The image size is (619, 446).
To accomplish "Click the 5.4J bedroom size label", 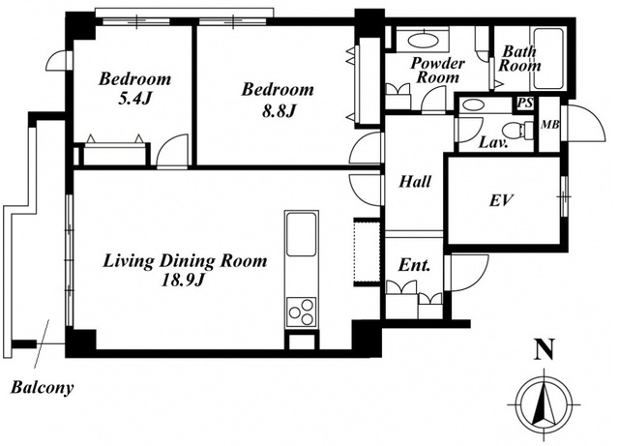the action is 134,99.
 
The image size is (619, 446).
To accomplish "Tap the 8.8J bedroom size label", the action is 279,112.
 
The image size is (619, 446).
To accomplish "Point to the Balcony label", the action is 42,388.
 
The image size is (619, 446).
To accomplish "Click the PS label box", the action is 525,104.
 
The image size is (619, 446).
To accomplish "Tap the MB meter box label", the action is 550,125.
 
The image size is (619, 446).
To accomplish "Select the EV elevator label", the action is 502,200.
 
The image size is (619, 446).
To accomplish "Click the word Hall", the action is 415,182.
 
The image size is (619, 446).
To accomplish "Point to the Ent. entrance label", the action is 414,265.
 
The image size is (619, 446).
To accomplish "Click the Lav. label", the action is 493,142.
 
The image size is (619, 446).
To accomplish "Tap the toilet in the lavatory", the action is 517,130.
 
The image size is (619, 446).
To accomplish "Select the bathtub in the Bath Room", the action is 547,58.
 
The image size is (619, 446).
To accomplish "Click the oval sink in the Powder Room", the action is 423,41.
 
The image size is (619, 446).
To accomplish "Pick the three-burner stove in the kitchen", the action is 302,312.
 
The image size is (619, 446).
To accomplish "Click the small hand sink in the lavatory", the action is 473,105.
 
